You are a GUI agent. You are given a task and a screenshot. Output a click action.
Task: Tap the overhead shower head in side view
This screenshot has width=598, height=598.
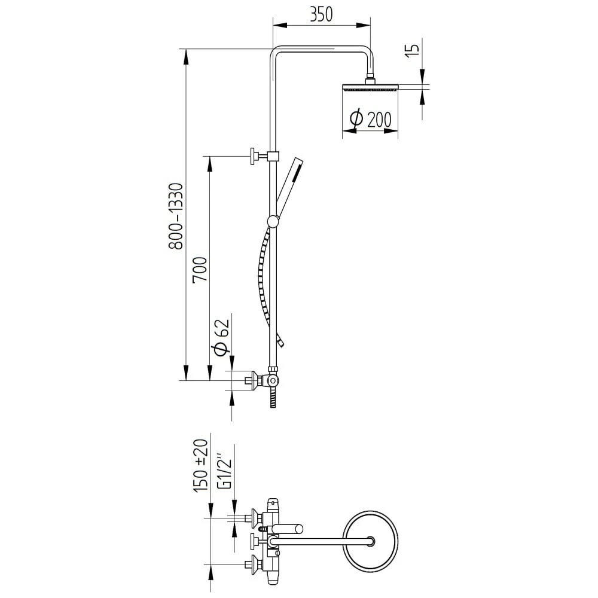pyautogui.click(x=369, y=87)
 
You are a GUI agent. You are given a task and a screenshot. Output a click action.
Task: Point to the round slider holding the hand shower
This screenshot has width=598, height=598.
pyautogui.click(x=273, y=221)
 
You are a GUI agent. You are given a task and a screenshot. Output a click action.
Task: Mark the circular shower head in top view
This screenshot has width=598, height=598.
pyautogui.click(x=372, y=541)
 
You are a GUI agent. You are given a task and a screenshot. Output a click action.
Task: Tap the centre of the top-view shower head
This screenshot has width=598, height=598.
pyautogui.click(x=372, y=541)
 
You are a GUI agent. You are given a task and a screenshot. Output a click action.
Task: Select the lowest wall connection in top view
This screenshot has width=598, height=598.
pyautogui.click(x=257, y=563)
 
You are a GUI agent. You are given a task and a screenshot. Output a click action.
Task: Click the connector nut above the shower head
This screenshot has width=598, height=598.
pyautogui.click(x=370, y=78)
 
